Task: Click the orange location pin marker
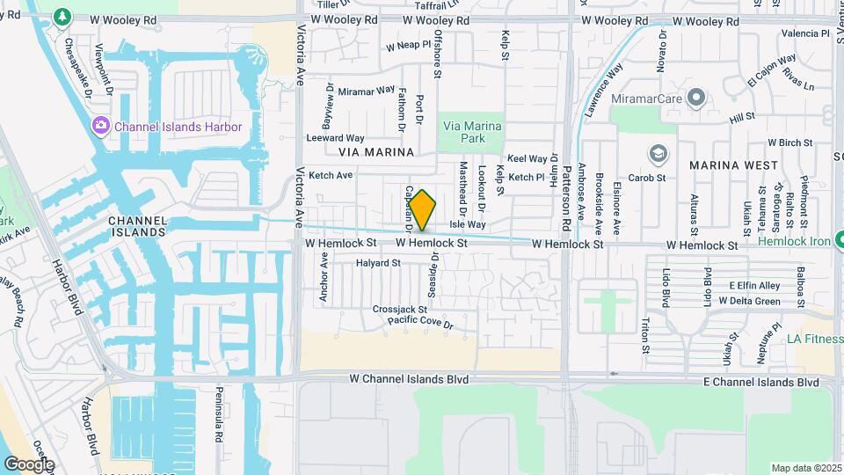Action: tap(422, 210)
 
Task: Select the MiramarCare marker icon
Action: tap(696, 97)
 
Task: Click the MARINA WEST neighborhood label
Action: tap(733, 165)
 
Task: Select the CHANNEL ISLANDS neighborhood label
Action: tap(136, 226)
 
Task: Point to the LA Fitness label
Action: tap(814, 340)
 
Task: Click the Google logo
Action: tap(28, 464)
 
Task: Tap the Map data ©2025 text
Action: tap(806, 468)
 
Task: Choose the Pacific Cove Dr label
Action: tap(420, 325)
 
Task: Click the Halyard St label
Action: tap(378, 263)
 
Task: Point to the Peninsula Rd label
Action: tap(217, 418)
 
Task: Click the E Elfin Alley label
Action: tap(754, 286)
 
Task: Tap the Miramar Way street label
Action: tap(367, 91)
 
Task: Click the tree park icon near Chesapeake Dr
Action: tap(62, 16)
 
